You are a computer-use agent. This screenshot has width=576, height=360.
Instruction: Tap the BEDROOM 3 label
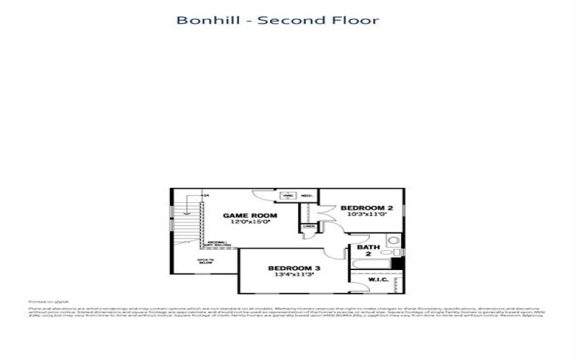coord(295,268)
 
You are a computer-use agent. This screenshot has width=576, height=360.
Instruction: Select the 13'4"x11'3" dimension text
coord(295,275)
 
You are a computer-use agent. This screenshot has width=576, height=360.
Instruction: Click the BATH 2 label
coord(364,251)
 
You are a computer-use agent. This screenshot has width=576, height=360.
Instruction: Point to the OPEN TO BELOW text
coord(205,261)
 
